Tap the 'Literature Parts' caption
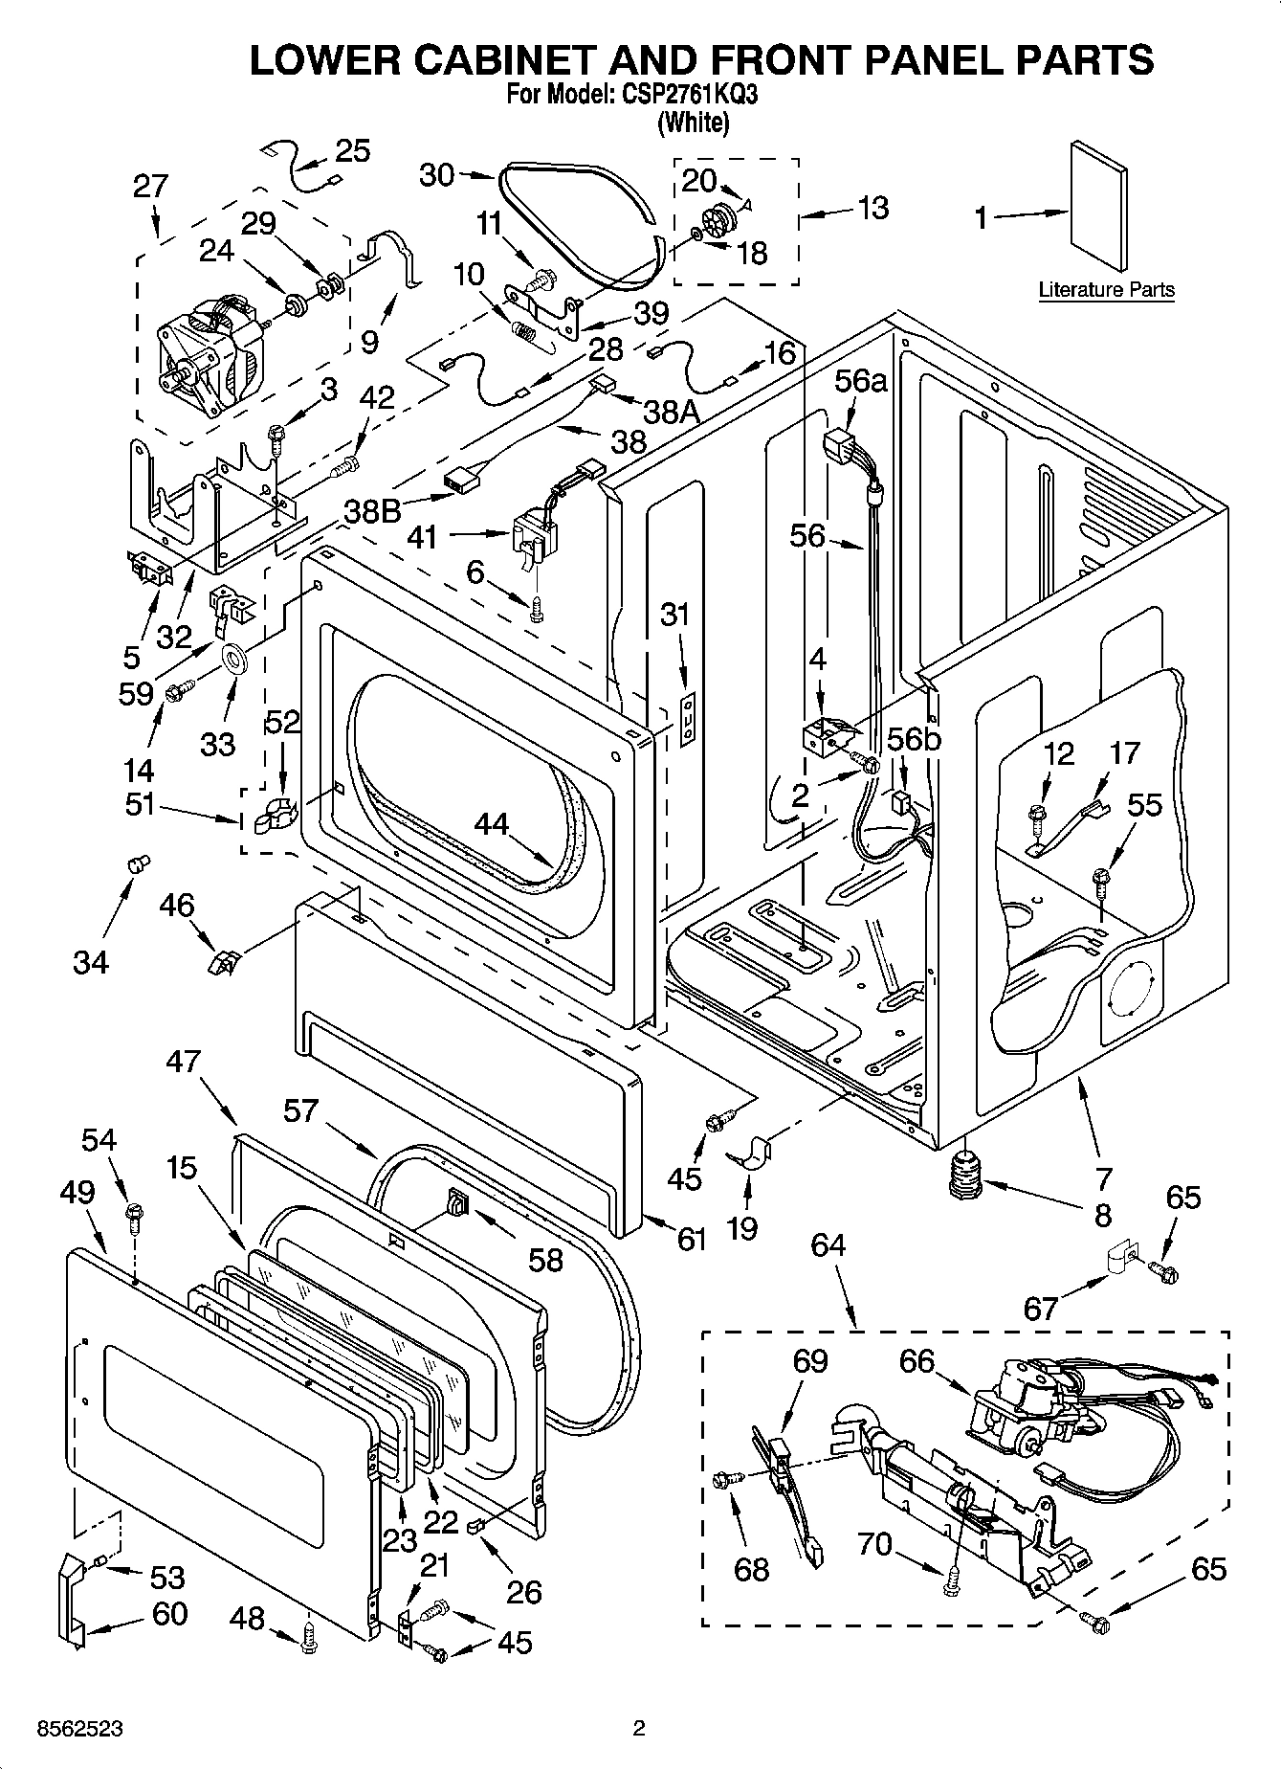(1106, 289)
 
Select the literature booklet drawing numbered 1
(1098, 207)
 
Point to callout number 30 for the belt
(437, 174)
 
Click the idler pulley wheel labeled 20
(720, 219)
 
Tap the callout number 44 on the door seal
(492, 824)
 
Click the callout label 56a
(860, 381)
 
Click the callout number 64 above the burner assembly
(828, 1245)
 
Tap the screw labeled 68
(724, 1481)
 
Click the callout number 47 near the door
(184, 1061)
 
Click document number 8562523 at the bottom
(66, 1730)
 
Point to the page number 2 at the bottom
(639, 1729)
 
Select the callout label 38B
(373, 512)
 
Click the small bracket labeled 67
(1115, 1257)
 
